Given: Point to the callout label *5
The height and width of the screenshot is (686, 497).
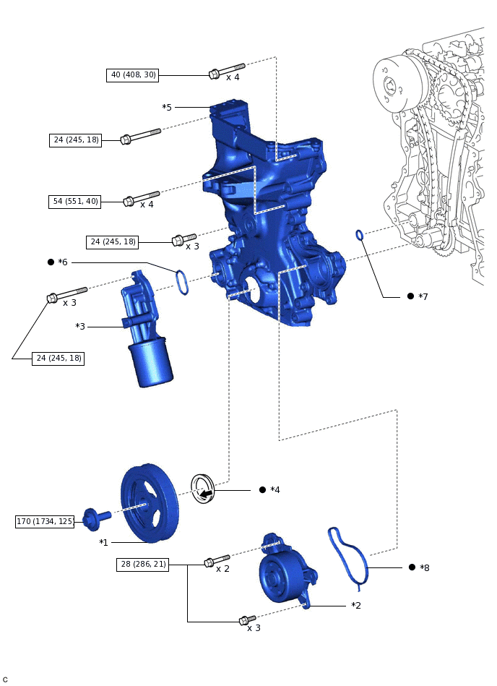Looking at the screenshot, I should click(x=167, y=108).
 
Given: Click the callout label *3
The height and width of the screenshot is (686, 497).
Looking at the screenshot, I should click(x=80, y=327).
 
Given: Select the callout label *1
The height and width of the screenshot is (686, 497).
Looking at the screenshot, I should click(x=103, y=542).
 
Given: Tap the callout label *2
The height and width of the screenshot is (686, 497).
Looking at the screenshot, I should click(x=356, y=606).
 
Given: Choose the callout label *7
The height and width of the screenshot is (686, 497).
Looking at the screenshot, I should click(x=423, y=297).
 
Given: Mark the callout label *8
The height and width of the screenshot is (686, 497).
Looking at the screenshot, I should click(x=425, y=568).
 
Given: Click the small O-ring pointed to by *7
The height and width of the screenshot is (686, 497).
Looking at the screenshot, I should click(x=359, y=234).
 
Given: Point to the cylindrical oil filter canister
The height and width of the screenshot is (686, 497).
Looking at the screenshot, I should click(x=150, y=365).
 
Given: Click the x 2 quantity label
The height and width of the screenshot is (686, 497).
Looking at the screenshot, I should click(x=222, y=569).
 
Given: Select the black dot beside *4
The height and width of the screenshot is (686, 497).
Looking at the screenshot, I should click(x=263, y=490).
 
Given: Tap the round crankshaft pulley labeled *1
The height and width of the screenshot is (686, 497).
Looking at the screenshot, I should click(x=149, y=504).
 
